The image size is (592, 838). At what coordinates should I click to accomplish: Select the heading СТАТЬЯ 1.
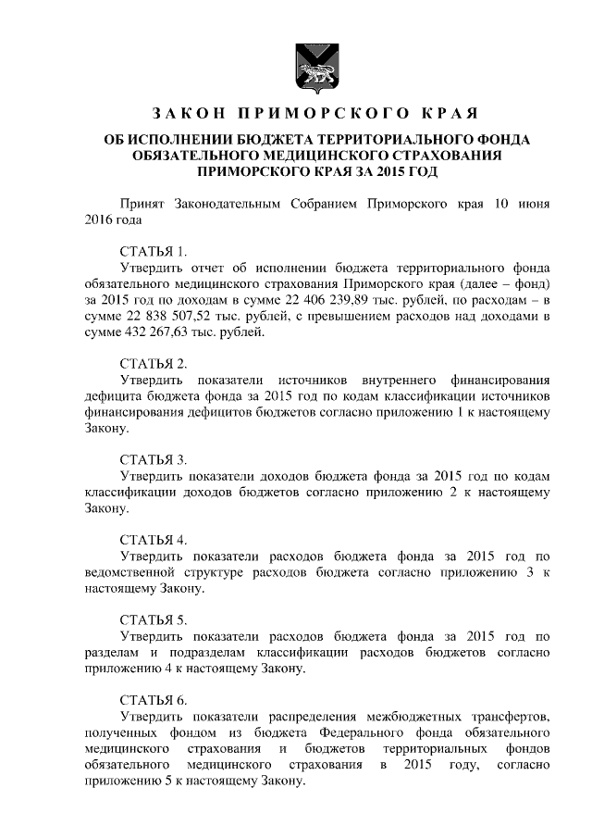coord(154,251)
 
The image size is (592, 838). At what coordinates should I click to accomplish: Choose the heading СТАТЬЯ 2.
coord(154,363)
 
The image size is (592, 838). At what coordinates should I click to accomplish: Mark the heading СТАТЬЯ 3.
coord(154,459)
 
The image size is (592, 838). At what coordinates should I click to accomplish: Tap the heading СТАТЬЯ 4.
coord(154,540)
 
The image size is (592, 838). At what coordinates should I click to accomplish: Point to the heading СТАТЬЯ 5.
coord(154,619)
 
